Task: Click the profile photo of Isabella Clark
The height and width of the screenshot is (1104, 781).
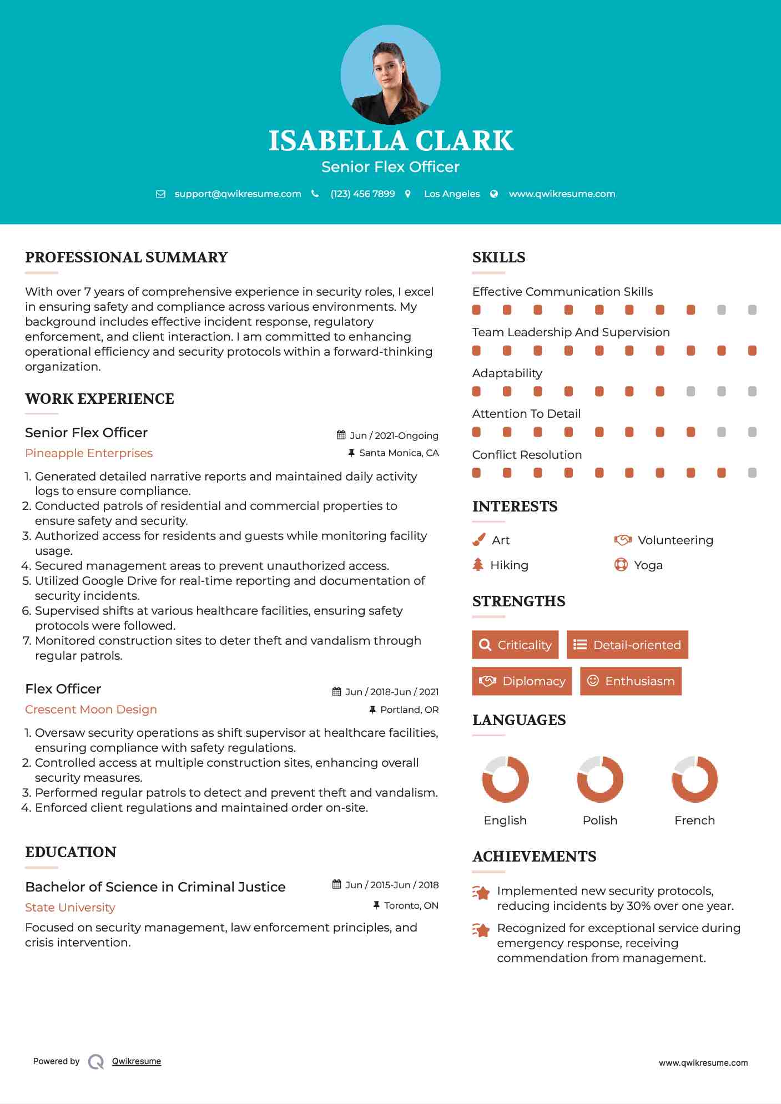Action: [x=390, y=75]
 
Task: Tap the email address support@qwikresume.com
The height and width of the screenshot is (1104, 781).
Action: [x=238, y=194]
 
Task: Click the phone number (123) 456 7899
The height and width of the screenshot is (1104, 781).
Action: [x=362, y=194]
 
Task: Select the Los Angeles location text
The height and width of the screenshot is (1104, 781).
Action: [x=452, y=194]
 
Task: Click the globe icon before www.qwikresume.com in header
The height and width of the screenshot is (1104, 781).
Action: [x=494, y=194]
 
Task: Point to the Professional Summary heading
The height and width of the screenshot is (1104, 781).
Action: [x=127, y=257]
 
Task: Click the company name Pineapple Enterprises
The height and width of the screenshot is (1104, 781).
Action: [x=89, y=453]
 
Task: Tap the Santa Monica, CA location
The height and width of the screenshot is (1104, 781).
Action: [x=399, y=453]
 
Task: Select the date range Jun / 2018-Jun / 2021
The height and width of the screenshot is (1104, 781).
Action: [x=391, y=692]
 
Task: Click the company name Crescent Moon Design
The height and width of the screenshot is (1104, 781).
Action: [x=91, y=710]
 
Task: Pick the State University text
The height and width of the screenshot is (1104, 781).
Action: [x=70, y=908]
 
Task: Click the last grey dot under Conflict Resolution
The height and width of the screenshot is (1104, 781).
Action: [x=752, y=473]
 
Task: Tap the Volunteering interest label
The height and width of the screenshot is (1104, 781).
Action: [x=675, y=540]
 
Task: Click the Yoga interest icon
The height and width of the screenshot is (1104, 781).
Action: [x=621, y=565]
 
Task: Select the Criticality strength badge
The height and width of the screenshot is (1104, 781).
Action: [x=515, y=645]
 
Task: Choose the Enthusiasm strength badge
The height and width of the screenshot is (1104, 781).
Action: [x=631, y=681]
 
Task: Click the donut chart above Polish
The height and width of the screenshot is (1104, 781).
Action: [x=599, y=779]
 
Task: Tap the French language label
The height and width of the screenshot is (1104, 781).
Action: [x=694, y=821]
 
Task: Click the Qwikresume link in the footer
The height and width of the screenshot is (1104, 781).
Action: [x=137, y=1061]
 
